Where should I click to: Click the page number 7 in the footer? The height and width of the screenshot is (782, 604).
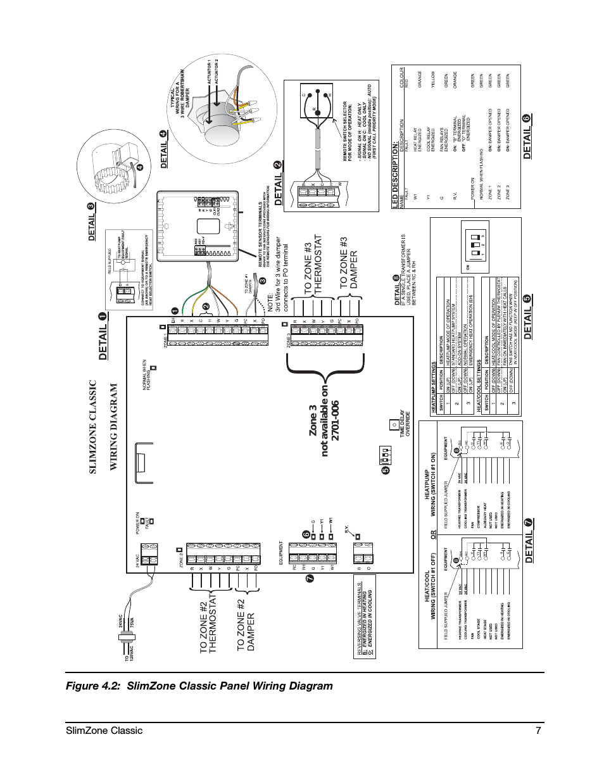coord(538,730)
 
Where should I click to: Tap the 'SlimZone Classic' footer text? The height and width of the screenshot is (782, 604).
coord(104,730)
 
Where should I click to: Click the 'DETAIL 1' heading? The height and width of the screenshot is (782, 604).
coord(103,337)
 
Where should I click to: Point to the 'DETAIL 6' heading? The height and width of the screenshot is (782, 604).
coord(527,136)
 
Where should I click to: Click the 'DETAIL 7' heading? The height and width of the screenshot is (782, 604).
coord(529,541)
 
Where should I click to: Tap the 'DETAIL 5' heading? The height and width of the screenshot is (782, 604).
coord(527,317)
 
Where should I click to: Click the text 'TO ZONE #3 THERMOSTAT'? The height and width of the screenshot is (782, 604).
coord(313,263)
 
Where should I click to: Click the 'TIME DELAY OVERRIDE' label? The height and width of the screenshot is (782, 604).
coord(405,425)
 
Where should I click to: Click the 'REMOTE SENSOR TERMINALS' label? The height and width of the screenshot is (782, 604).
coord(261,227)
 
